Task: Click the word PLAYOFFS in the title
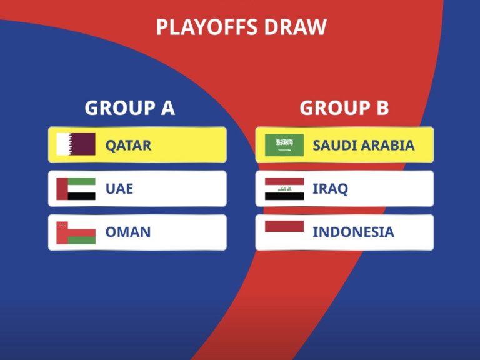(207, 27)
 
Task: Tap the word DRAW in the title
(296, 27)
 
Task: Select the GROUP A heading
(130, 107)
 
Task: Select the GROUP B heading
(344, 107)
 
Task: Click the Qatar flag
(76, 144)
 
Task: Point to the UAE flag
(76, 189)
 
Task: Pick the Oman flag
(76, 232)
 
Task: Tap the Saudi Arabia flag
(284, 145)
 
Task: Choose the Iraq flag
(284, 189)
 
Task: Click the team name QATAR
(128, 146)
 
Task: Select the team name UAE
(119, 189)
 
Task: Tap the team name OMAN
(128, 232)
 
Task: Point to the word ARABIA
(388, 146)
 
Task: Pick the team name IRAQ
(330, 189)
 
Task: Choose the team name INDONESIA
(353, 232)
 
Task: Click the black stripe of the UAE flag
(81, 196)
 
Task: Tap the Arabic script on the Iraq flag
(285, 189)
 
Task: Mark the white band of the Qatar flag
(63, 144)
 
